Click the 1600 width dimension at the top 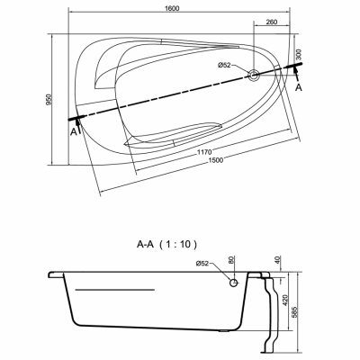[172, 8]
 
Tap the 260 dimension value [272, 22]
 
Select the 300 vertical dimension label [299, 55]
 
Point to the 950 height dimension [49, 100]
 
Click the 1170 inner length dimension [204, 152]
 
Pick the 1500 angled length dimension [216, 160]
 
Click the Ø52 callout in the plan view [224, 65]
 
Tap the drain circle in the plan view [254, 75]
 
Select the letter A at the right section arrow [299, 87]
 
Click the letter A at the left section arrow [74, 131]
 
